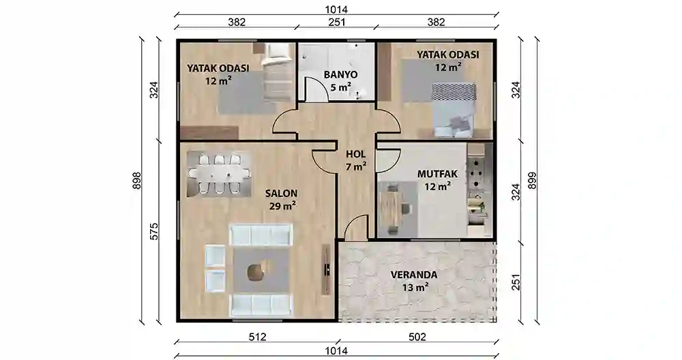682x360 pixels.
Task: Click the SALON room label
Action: point(280,193)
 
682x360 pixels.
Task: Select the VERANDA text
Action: point(414,275)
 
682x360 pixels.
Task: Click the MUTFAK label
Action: point(437,174)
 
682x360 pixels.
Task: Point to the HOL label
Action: point(355,154)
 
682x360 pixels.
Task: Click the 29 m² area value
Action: point(280,205)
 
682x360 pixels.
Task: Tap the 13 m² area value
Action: point(414,287)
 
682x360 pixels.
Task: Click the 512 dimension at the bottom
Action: point(256,336)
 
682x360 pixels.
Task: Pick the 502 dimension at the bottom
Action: point(417,336)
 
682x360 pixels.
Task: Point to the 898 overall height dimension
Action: point(136,181)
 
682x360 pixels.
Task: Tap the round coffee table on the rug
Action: point(256,272)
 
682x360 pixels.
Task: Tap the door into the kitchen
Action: point(387,161)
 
